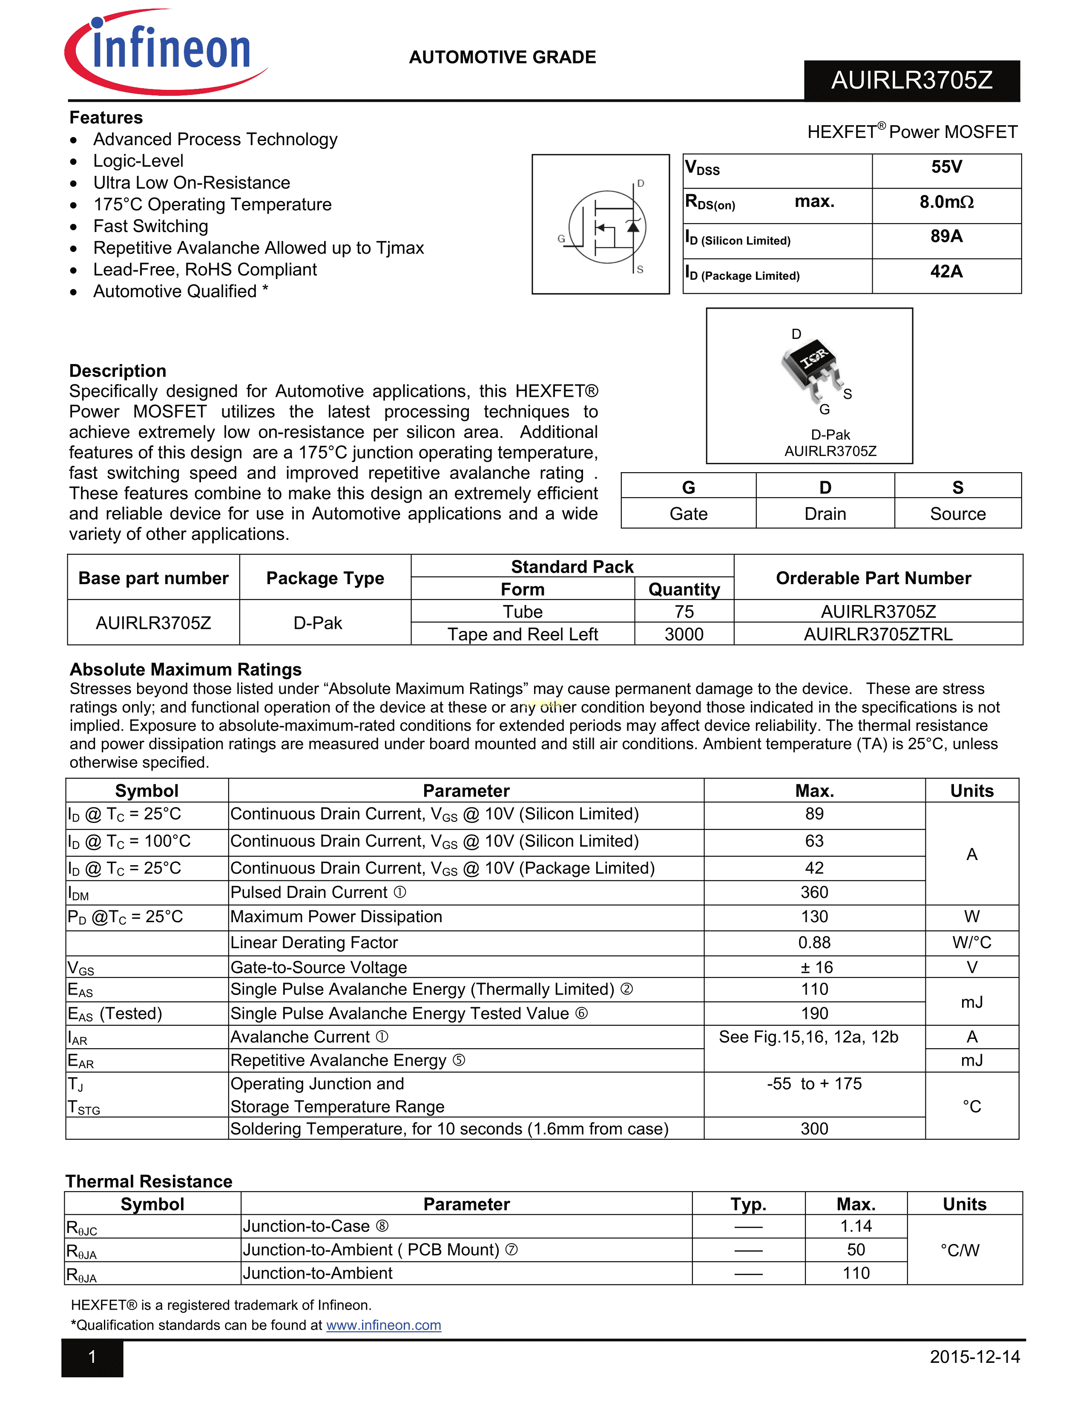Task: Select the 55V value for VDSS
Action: coord(946,167)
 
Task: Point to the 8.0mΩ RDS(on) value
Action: coord(946,202)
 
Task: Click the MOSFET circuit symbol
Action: coord(607,227)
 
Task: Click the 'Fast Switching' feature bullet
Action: coord(150,227)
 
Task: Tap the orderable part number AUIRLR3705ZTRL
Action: coord(878,634)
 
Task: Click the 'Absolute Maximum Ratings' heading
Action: coord(185,670)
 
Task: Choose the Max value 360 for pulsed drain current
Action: coord(814,892)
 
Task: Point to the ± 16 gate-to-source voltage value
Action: coord(814,968)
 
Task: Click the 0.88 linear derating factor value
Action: coord(814,943)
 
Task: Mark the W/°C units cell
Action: coord(971,943)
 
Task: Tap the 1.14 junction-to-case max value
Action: coord(856,1226)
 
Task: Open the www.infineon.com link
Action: coord(383,1325)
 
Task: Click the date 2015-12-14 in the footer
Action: coord(974,1357)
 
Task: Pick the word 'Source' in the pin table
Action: coord(957,514)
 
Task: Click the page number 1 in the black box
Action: coord(92,1357)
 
